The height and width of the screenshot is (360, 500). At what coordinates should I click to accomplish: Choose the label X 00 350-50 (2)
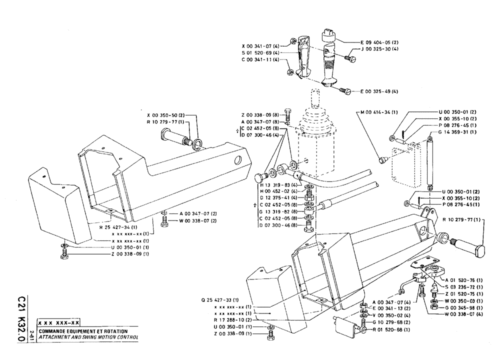(x=165, y=115)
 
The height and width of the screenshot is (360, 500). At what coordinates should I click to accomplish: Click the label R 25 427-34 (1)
(x=118, y=227)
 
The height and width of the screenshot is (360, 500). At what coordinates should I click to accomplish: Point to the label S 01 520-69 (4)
(x=262, y=52)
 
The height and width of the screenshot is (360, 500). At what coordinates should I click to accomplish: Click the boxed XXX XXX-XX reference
(x=58, y=324)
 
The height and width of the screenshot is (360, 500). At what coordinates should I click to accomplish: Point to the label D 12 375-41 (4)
(x=276, y=198)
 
